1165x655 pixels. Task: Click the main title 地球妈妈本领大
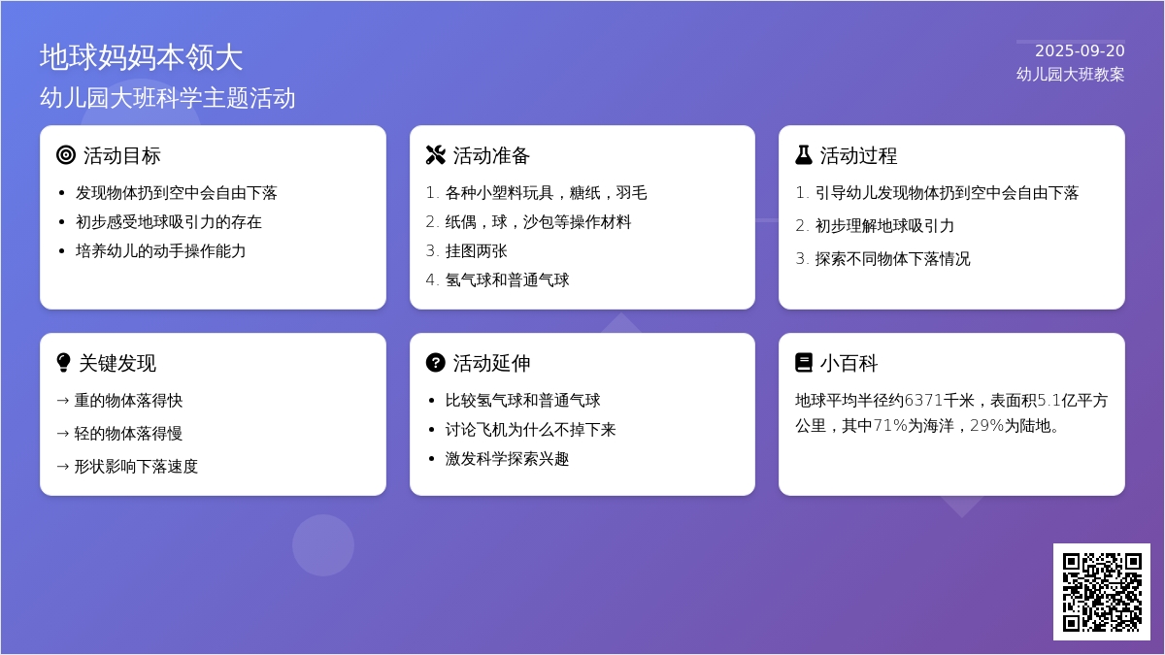141,57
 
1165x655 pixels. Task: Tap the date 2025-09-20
1080,50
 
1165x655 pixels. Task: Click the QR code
1102,592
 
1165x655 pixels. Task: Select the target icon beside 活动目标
66,155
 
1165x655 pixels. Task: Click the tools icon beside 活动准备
435,155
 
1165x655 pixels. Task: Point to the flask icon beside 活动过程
804,155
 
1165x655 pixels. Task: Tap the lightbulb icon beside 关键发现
63,363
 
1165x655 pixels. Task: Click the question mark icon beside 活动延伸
435,363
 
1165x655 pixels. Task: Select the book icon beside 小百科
804,363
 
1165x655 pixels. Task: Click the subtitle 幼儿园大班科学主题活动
167,98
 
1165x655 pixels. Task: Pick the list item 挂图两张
476,251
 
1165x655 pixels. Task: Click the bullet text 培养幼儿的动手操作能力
160,251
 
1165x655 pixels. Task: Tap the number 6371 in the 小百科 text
923,400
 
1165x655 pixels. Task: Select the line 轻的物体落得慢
128,434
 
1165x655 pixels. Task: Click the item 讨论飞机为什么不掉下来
530,429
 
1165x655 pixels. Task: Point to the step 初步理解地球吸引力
884,225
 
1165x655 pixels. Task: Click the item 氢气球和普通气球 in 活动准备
507,280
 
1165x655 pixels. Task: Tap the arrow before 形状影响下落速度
63,467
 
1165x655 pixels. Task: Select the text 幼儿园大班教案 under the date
1070,75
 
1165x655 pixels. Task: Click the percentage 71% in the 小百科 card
890,426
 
